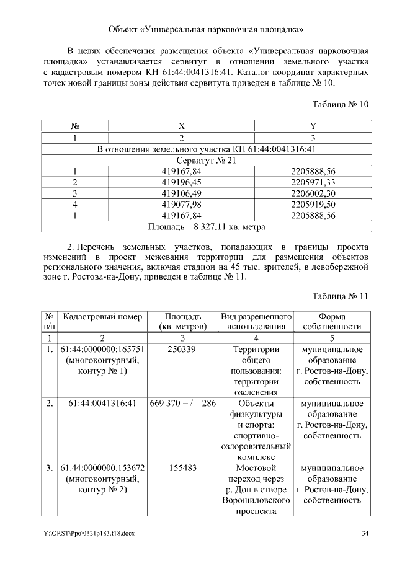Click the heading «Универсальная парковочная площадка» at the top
[x=205, y=29]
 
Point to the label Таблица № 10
[x=340, y=104]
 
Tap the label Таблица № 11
[x=340, y=296]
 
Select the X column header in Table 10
[x=182, y=125]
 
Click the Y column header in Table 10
[x=313, y=125]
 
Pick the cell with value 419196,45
[x=182, y=182]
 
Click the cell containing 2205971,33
[x=313, y=182]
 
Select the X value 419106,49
[x=182, y=193]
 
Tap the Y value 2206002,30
[x=313, y=193]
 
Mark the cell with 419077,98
[x=182, y=205]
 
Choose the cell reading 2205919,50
[x=313, y=205]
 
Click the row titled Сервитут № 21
[x=205, y=160]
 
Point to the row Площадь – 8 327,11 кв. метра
[x=205, y=227]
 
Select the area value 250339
[x=182, y=350]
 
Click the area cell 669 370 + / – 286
[x=182, y=404]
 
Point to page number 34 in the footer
[x=365, y=533]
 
